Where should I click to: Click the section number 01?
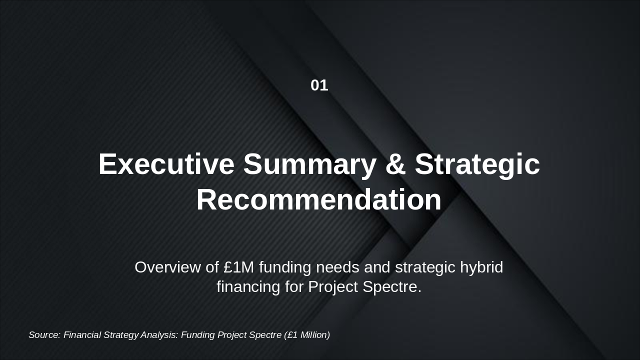319,85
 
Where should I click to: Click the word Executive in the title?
166,164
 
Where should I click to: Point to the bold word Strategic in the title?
477,164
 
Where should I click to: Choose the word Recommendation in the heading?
319,200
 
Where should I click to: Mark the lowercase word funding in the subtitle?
284,267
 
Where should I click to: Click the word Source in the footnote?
44,335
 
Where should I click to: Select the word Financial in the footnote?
82,335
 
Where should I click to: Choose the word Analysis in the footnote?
159,335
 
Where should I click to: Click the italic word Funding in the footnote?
198,335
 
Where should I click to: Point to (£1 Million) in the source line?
307,335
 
